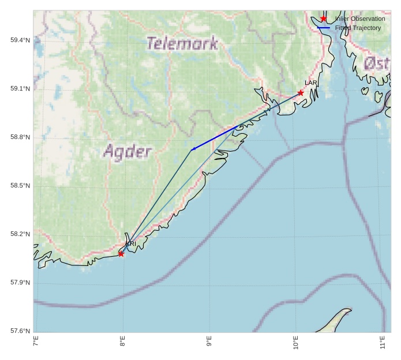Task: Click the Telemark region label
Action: tap(182, 43)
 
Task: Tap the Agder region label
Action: tap(128, 152)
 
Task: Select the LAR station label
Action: tap(311, 83)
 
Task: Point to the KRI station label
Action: tap(131, 244)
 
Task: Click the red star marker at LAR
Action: tap(301, 93)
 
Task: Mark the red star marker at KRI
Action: tap(121, 254)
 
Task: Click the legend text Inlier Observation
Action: tap(359, 19)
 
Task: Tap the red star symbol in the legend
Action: tap(324, 19)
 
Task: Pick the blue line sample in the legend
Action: tap(324, 28)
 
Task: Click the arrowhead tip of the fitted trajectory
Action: tap(191, 150)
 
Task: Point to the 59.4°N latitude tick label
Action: tap(20, 40)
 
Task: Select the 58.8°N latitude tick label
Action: tap(20, 137)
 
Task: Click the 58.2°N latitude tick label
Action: tap(20, 234)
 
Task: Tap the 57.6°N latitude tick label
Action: tap(20, 331)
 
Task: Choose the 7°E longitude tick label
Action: tap(36, 341)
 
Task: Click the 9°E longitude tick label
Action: tap(209, 341)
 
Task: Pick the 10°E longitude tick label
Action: tap(295, 341)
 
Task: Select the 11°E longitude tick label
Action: tap(382, 341)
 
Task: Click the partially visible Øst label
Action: tap(377, 63)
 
